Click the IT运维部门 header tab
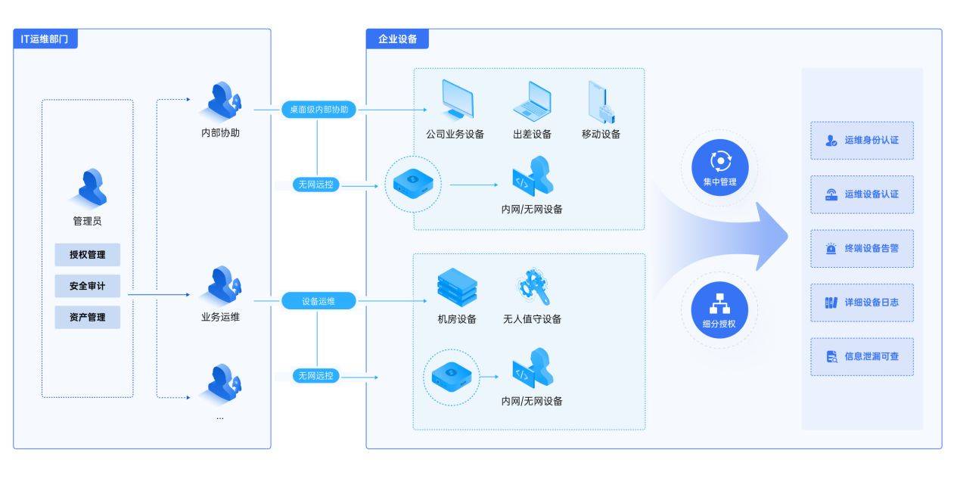click(x=45, y=39)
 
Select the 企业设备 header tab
click(x=397, y=39)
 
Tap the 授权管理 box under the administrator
click(x=87, y=255)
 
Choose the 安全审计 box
click(x=87, y=286)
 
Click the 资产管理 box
click(x=87, y=317)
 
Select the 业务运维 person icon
click(x=222, y=285)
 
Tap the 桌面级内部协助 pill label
click(x=318, y=110)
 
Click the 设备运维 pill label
click(x=318, y=301)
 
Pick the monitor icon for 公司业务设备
click(x=456, y=100)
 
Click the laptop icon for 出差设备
click(x=532, y=100)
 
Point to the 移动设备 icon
click(x=601, y=101)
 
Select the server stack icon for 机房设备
click(x=457, y=287)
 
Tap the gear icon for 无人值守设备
click(x=533, y=287)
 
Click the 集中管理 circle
click(x=719, y=168)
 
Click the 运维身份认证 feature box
click(x=862, y=141)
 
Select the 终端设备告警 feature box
click(x=862, y=248)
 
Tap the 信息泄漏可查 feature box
click(x=862, y=356)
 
